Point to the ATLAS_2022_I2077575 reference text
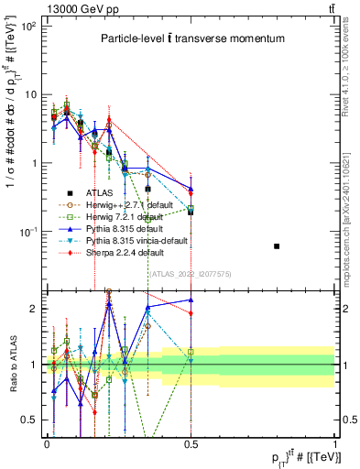pos(189,273)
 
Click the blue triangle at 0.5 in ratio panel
pos(191,300)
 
